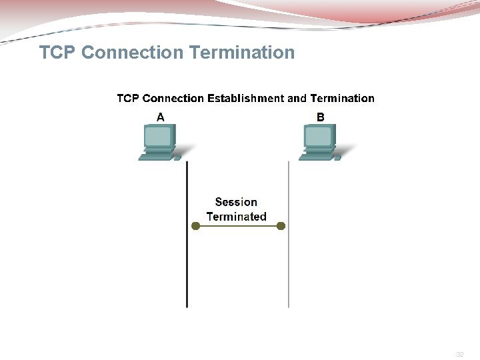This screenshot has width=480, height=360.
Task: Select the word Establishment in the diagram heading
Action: [245, 99]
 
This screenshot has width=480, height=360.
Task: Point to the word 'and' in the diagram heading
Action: [297, 99]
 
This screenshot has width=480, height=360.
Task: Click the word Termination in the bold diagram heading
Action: [342, 99]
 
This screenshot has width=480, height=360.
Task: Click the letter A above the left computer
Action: [161, 117]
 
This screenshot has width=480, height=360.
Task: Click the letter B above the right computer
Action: [321, 117]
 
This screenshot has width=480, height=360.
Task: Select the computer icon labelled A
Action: [159, 143]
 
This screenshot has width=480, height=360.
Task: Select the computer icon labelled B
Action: [319, 143]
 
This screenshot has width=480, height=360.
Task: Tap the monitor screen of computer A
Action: [159, 137]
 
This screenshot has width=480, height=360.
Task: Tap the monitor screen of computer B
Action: [319, 137]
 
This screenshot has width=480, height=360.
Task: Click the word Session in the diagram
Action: [236, 202]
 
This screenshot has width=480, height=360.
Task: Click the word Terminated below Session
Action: [236, 217]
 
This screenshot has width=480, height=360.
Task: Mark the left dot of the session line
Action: [195, 226]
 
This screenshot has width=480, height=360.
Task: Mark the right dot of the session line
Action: [281, 226]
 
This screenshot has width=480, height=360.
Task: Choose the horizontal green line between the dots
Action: [238, 226]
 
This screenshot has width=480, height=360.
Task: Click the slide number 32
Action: [459, 354]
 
